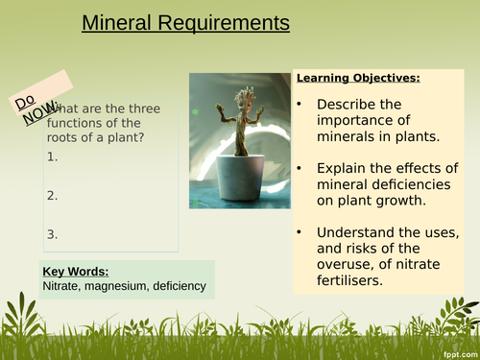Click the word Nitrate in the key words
pos(63,285)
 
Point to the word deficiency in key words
pos(180,285)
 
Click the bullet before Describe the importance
pos(300,104)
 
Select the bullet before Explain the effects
pos(300,168)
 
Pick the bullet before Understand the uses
pos(300,233)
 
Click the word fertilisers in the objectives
pos(354,279)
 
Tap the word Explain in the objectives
pos(347,168)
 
